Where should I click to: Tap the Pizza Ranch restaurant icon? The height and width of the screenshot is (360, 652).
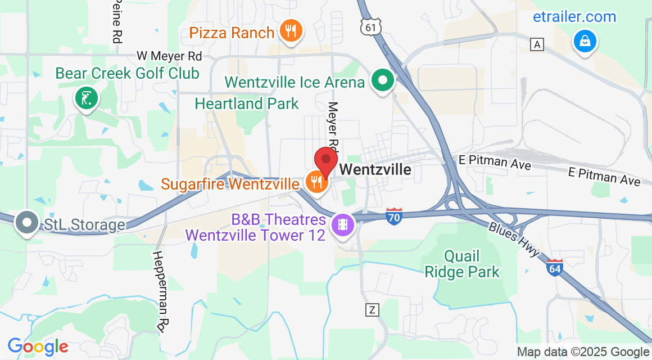(291, 31)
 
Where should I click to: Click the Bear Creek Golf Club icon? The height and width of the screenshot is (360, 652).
(86, 99)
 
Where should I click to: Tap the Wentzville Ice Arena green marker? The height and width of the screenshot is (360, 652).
(383, 80)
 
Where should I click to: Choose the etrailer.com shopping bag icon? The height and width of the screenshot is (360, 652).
(585, 41)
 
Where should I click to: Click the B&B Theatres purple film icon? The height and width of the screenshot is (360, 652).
(342, 225)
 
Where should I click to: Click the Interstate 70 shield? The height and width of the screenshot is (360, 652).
(394, 216)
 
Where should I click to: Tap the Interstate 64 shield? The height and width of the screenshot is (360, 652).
(554, 267)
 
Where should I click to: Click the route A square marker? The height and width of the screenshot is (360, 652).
(538, 44)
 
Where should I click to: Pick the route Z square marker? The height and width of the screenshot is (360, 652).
(372, 309)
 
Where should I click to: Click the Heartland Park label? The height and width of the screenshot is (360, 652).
(247, 103)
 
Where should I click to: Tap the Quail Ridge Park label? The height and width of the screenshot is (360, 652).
(462, 264)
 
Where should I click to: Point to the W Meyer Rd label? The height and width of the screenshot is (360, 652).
(169, 56)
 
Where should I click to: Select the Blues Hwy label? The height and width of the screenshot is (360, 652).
(514, 239)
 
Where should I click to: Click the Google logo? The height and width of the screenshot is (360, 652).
(38, 346)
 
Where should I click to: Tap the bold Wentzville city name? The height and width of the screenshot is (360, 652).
(375, 169)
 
